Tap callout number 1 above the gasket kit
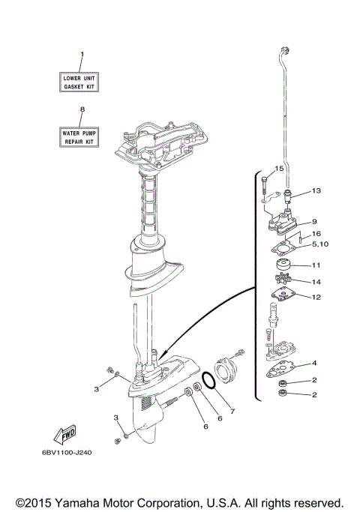point(82,54)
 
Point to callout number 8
point(82,109)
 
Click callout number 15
point(279,168)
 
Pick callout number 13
point(316,191)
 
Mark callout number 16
point(316,234)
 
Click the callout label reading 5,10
point(319,244)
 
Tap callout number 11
point(316,265)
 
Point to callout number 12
point(316,297)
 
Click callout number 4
point(315,363)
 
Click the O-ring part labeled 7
point(211,381)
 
